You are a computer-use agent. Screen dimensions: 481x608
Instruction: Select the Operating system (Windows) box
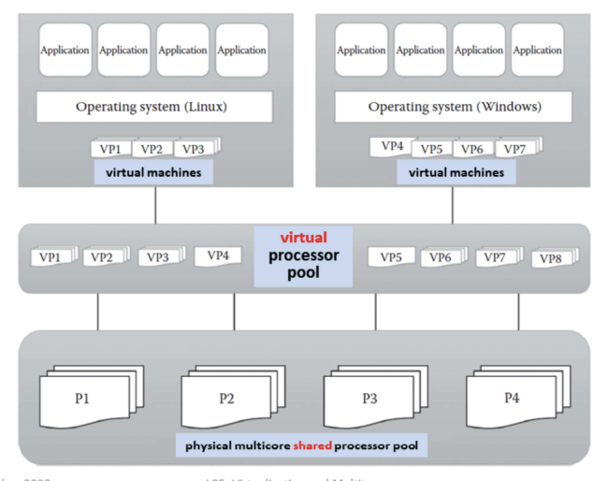click(454, 107)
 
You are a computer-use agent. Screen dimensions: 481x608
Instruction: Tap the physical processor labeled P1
click(83, 399)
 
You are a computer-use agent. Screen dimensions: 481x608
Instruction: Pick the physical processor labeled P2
click(226, 399)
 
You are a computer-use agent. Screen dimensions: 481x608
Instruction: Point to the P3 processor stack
click(369, 399)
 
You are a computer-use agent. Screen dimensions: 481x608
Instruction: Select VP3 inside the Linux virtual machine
click(194, 149)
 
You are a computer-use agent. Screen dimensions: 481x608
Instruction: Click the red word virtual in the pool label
click(304, 238)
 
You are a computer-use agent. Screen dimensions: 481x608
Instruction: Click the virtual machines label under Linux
click(152, 173)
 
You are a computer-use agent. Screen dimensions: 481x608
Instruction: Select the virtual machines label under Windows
click(456, 173)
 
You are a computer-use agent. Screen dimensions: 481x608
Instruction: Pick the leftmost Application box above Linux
click(65, 51)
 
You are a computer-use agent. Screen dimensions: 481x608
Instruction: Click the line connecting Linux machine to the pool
click(155, 204)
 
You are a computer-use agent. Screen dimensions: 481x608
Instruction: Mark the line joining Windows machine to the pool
click(454, 204)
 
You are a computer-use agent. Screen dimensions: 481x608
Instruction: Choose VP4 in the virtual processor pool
click(217, 255)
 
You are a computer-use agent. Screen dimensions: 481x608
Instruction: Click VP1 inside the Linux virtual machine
click(110, 149)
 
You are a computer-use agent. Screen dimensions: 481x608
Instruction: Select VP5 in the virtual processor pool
click(392, 255)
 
